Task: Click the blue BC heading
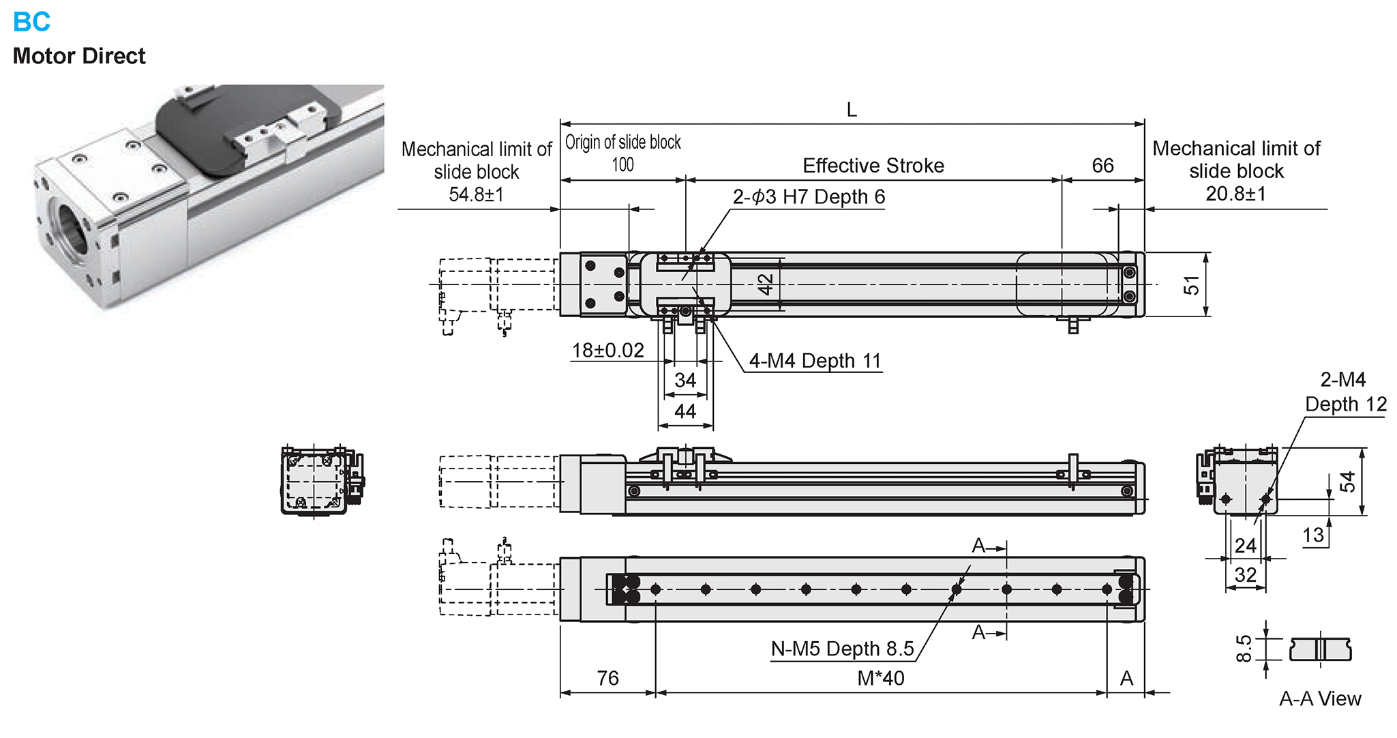[x=31, y=22]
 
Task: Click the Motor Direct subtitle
[x=79, y=56]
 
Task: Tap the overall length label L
[x=852, y=110]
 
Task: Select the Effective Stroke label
[x=873, y=166]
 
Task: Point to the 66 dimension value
[x=1102, y=166]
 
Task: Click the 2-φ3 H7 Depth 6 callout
[x=809, y=197]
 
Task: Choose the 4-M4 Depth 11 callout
[x=815, y=361]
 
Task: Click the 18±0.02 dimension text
[x=607, y=351]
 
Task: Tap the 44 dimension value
[x=685, y=411]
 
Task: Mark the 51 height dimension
[x=1191, y=285]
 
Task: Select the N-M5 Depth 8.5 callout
[x=842, y=649]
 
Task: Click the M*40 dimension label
[x=880, y=679]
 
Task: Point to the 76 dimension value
[x=607, y=679]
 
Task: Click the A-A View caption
[x=1320, y=699]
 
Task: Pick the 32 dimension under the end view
[x=1245, y=575]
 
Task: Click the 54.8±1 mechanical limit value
[x=476, y=195]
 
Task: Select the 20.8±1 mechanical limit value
[x=1235, y=194]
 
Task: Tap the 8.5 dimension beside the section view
[x=1244, y=649]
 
